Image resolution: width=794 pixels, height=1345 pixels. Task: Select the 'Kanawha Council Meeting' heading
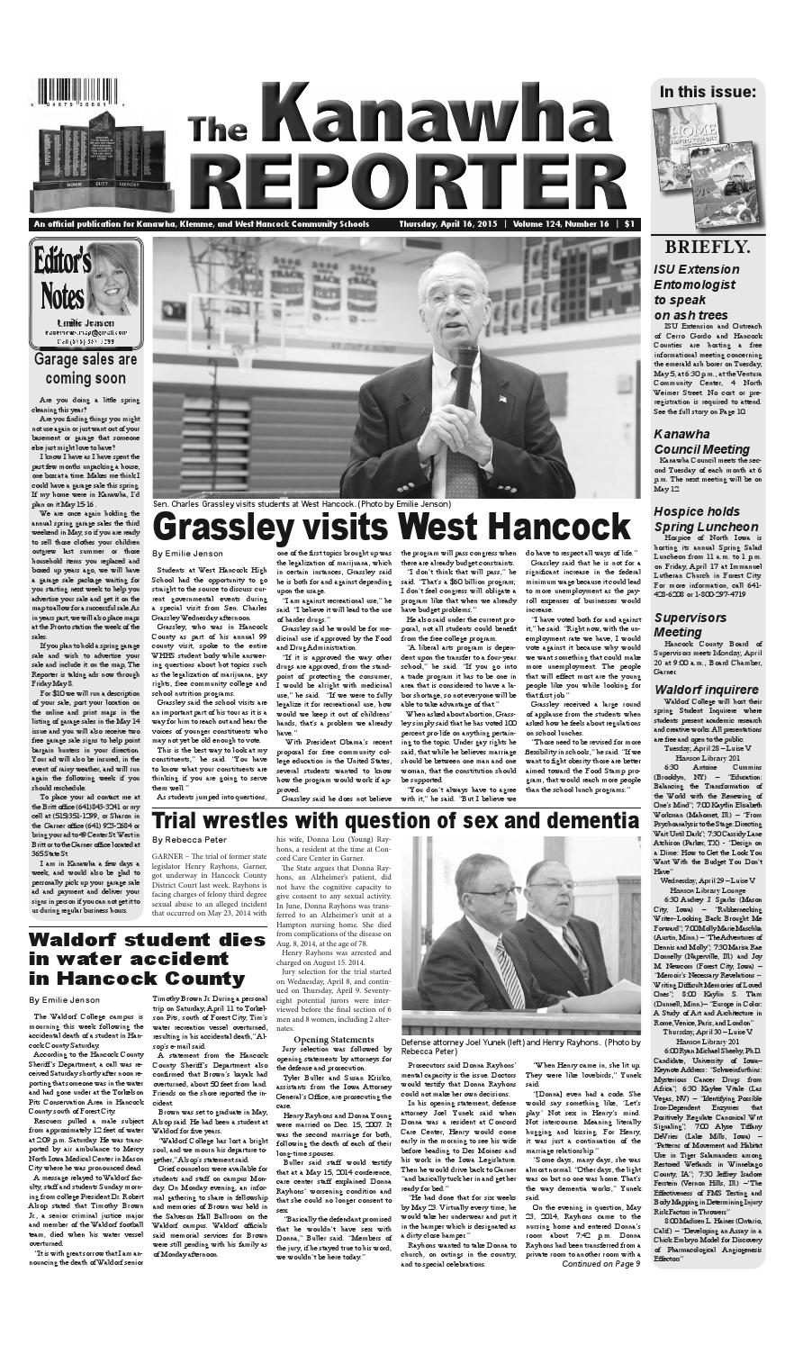point(698,443)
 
